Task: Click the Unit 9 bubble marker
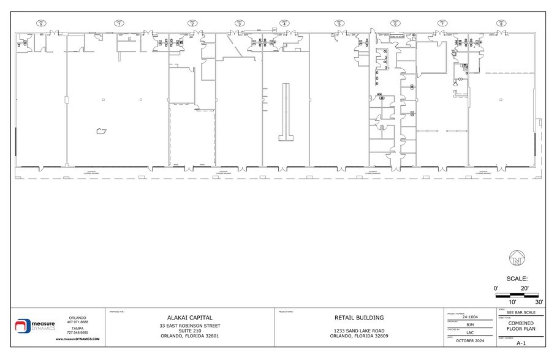tap(42, 23)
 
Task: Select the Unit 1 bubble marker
tap(118, 23)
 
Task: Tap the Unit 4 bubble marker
tap(285, 23)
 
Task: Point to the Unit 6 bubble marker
tap(396, 23)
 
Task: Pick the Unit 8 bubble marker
tap(502, 23)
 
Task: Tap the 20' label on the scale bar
tap(524, 288)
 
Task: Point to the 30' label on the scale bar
tap(539, 302)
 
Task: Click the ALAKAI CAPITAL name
tap(190, 318)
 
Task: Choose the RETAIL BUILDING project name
tap(359, 318)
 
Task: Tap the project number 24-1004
tap(470, 317)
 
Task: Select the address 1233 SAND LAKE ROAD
tap(359, 330)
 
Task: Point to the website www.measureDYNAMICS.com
tap(78, 339)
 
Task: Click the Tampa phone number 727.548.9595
tap(78, 332)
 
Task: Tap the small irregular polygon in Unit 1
tap(100, 130)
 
